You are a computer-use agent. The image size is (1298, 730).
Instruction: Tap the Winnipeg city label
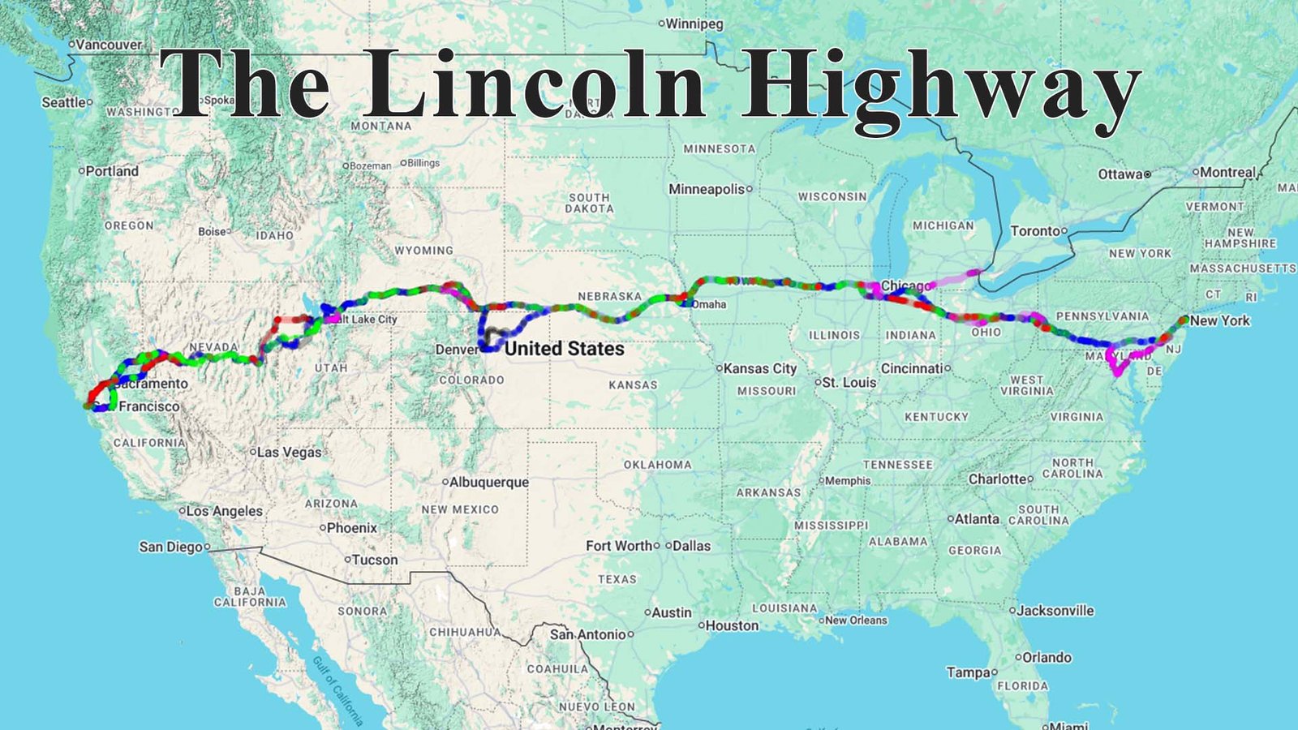[694, 24]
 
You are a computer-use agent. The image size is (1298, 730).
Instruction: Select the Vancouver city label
[109, 45]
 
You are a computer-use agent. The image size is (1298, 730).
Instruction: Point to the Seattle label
[64, 102]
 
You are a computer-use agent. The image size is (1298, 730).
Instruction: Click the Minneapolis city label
[707, 189]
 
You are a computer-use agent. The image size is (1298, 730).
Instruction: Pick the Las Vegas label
[290, 452]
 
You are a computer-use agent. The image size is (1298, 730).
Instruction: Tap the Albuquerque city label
[488, 482]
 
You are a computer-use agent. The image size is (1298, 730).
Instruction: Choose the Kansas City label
[760, 368]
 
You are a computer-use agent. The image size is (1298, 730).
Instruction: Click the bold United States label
[565, 349]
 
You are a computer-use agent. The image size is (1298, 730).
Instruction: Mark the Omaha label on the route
[708, 304]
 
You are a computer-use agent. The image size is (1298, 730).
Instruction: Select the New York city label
[1220, 320]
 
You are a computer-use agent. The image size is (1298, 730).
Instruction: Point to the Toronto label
[1035, 231]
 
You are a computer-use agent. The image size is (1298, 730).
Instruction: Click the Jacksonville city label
[1055, 610]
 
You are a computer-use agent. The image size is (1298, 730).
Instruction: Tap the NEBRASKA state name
[609, 296]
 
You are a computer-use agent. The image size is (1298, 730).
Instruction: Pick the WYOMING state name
[423, 251]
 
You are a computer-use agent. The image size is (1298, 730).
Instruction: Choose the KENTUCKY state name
[936, 417]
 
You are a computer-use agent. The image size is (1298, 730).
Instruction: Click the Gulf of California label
[337, 690]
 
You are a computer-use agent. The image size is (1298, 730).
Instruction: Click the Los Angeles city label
[225, 511]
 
